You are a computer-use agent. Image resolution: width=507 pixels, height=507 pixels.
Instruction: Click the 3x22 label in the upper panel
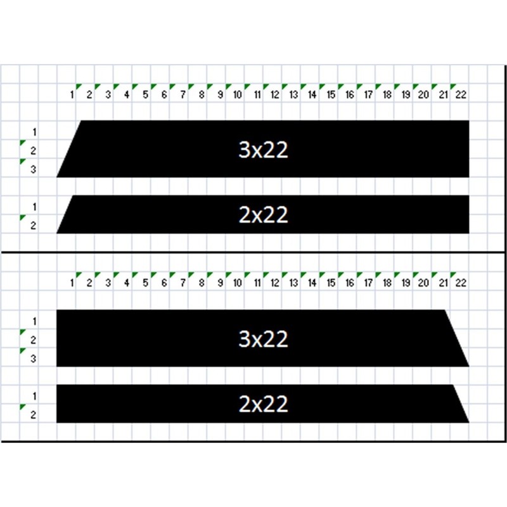point(263,150)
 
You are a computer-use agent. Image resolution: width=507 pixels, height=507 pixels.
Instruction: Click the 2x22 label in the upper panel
point(263,215)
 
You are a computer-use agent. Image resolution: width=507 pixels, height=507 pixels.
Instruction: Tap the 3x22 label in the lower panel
point(263,339)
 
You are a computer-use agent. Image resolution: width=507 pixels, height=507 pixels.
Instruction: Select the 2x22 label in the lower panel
point(263,404)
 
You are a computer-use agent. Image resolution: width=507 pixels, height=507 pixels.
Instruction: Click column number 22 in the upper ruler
point(461,94)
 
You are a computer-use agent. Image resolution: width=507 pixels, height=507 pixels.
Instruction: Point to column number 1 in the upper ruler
point(72,94)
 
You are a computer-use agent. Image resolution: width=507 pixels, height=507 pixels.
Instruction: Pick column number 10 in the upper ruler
point(237,94)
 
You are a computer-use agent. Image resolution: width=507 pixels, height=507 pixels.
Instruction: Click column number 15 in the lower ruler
point(331,283)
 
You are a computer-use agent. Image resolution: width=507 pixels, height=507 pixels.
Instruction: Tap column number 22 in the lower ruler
point(461,283)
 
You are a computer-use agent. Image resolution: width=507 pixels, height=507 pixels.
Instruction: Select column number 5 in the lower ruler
point(145,283)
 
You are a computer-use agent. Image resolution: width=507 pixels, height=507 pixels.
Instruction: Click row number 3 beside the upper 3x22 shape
point(34,169)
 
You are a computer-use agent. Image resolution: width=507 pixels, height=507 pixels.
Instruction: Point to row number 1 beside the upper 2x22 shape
point(34,207)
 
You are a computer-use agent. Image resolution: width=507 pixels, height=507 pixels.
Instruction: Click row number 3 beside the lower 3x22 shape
point(34,359)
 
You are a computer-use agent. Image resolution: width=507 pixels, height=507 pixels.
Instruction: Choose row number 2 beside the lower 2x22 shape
point(34,415)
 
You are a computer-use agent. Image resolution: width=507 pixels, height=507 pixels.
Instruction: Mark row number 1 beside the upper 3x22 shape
point(34,132)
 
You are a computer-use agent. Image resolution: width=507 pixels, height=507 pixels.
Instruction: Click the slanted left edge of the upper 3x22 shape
point(68,148)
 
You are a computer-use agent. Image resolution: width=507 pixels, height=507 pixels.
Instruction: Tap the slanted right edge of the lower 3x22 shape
point(457,338)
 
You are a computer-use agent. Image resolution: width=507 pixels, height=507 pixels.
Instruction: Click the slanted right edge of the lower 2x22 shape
point(461,404)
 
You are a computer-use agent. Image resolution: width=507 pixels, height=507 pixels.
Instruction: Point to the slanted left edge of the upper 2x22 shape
point(66,214)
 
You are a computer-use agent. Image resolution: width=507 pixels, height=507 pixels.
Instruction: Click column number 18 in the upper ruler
point(387,94)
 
